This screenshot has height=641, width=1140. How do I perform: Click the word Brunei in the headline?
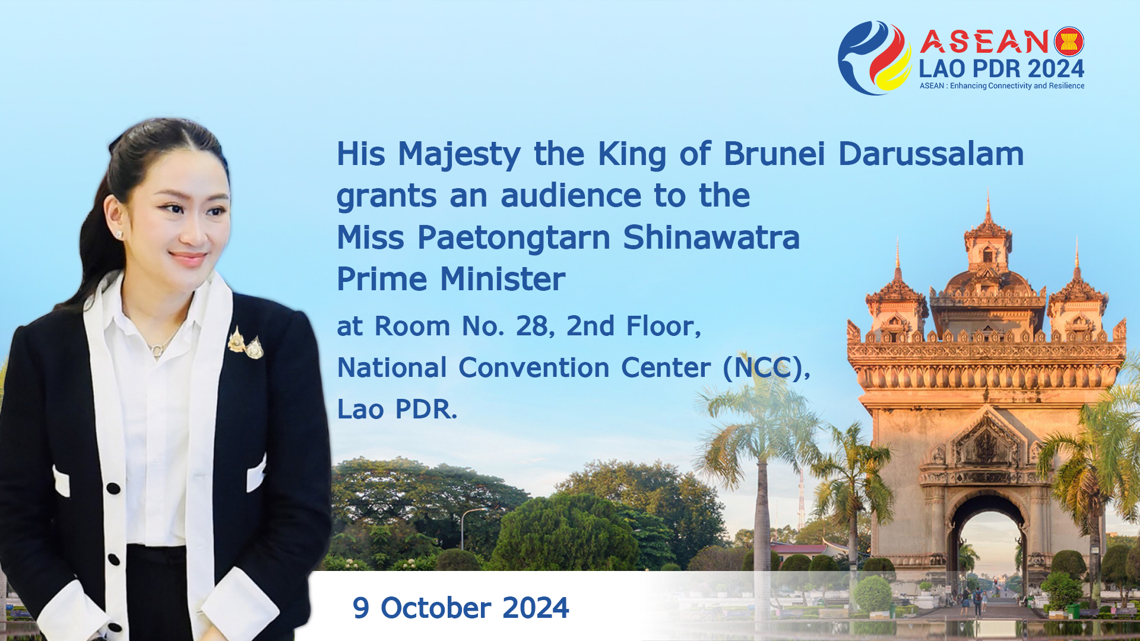click(774, 154)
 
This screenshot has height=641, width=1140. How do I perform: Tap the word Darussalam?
click(931, 154)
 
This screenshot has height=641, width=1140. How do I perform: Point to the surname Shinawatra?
click(711, 237)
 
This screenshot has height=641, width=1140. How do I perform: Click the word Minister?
click(502, 279)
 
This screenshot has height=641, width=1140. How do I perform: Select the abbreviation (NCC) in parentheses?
click(767, 368)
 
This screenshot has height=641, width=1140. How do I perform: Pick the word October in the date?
click(436, 608)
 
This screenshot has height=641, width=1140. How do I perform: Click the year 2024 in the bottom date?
click(536, 608)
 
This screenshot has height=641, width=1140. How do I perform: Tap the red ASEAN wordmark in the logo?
click(984, 42)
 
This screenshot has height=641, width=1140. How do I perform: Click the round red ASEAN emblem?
click(1069, 42)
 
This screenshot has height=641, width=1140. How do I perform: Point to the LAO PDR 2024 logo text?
click(1002, 69)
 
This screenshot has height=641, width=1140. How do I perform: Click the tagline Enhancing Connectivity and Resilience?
click(1017, 86)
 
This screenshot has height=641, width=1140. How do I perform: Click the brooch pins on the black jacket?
click(246, 344)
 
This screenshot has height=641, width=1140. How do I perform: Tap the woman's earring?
click(119, 234)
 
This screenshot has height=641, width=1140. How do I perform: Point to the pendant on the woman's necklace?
click(156, 351)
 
